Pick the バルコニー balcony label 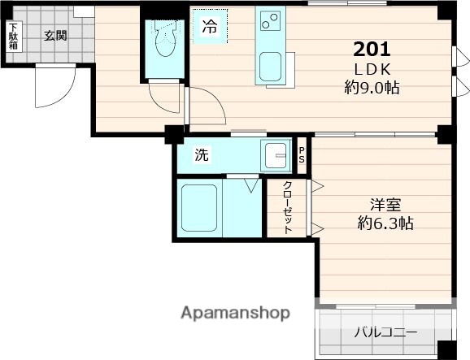point(384,333)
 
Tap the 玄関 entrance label point(55,35)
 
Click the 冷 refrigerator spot point(210,27)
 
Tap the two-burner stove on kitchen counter point(268,20)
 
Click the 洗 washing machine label point(200,154)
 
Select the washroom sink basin point(276,154)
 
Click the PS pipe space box point(302,154)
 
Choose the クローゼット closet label point(288,208)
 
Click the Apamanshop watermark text point(236,313)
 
